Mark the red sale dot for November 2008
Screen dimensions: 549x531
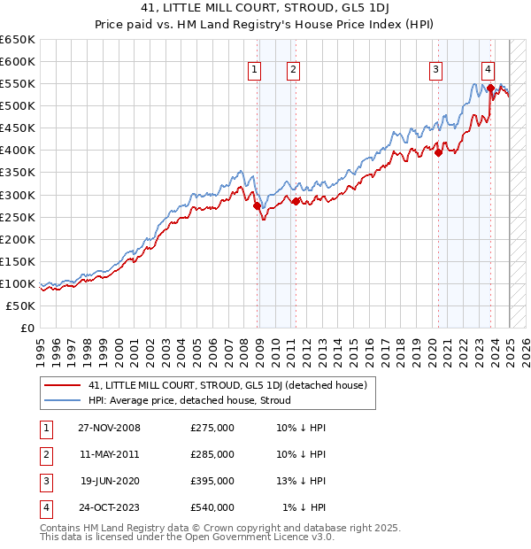click(258, 206)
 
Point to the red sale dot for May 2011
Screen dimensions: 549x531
click(296, 201)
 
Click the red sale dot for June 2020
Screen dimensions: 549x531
click(438, 152)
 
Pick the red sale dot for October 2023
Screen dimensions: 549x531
click(490, 88)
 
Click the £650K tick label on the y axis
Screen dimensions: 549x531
click(17, 40)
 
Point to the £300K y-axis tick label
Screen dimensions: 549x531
click(17, 195)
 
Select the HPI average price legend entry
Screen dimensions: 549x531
click(195, 400)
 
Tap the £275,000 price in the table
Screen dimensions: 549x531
click(212, 429)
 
